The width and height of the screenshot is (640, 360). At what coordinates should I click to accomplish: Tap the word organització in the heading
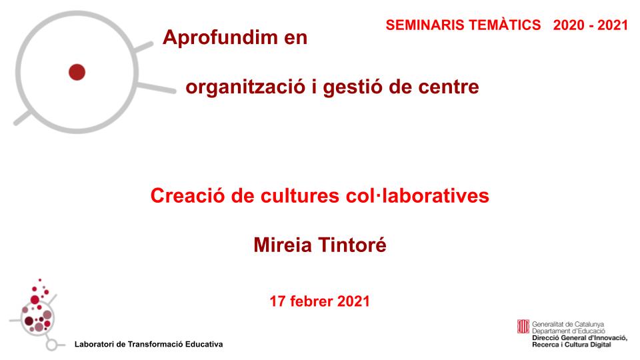[x=244, y=87]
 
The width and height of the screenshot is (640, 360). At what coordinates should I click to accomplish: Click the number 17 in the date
[x=277, y=301]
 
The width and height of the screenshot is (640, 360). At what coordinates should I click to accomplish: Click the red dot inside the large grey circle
[x=77, y=71]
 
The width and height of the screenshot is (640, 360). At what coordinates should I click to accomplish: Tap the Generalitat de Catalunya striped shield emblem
[x=523, y=327]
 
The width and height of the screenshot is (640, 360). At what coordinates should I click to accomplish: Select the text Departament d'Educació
[x=568, y=330]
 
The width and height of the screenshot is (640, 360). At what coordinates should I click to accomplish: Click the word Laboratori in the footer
[x=95, y=344]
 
